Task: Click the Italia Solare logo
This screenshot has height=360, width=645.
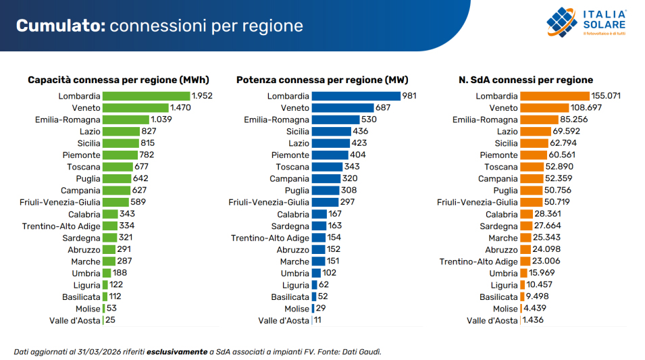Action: tap(586, 22)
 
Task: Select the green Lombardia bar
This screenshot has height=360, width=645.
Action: tap(147, 97)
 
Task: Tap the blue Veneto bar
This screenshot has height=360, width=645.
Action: tap(342, 108)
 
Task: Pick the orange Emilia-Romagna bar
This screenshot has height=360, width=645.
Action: tap(539, 120)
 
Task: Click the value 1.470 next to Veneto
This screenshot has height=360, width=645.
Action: tap(180, 108)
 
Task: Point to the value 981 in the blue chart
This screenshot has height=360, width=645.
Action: tap(409, 96)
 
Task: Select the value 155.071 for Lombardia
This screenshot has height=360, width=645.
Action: tap(606, 96)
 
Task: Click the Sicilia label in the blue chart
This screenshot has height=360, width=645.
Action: tap(298, 132)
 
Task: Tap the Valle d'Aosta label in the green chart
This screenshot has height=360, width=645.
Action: tap(75, 321)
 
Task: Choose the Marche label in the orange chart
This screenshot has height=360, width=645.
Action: tap(503, 238)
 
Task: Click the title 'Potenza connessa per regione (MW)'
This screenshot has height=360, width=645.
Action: tap(322, 80)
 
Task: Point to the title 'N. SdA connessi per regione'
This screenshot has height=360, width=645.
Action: tap(525, 80)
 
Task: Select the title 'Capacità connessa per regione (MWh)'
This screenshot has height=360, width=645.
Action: tap(118, 80)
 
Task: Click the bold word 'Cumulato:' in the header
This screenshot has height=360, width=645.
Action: tap(61, 26)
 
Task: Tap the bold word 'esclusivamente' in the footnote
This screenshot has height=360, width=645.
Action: tap(177, 352)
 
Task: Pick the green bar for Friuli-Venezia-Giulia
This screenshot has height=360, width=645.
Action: tap(116, 203)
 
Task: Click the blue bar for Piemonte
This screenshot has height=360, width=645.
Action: tap(330, 155)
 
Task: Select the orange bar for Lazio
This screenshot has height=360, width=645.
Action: tap(536, 132)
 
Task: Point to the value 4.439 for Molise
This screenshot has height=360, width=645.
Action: tap(535, 309)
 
